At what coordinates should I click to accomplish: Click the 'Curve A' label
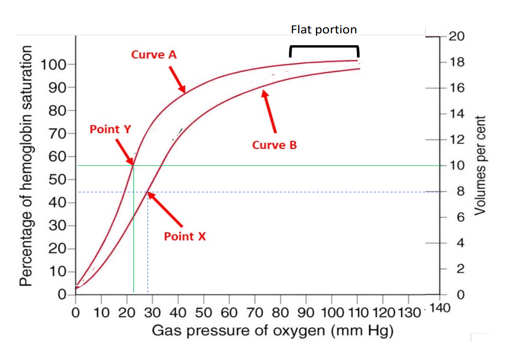pyautogui.click(x=154, y=55)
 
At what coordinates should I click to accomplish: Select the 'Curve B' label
pyautogui.click(x=274, y=145)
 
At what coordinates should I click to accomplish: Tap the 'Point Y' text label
pyautogui.click(x=110, y=129)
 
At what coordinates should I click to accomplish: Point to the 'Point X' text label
pyautogui.click(x=185, y=236)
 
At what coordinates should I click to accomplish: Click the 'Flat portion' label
pyautogui.click(x=324, y=30)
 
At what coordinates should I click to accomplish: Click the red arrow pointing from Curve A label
pyautogui.click(x=177, y=78)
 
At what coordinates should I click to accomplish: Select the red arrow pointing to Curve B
pyautogui.click(x=270, y=111)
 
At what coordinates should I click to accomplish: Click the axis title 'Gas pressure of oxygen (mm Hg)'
pyautogui.click(x=273, y=332)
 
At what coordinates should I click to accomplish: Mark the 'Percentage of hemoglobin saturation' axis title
pyautogui.click(x=27, y=166)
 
